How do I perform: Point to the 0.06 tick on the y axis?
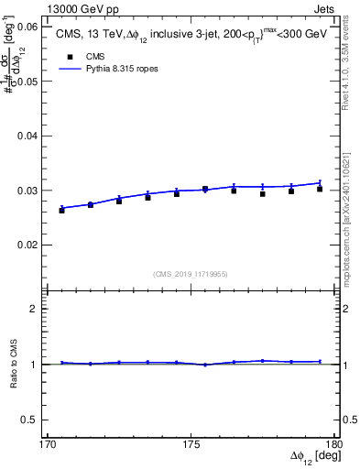(x=27, y=27)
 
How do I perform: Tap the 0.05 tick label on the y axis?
(x=27, y=82)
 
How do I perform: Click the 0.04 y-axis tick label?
(x=27, y=136)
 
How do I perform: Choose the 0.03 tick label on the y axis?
(x=27, y=191)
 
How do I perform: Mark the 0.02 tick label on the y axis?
(x=27, y=245)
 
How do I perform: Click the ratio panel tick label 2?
(x=35, y=309)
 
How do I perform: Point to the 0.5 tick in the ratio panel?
(x=30, y=419)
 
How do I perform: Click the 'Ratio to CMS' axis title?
(x=14, y=365)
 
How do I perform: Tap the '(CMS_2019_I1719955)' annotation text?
(x=191, y=273)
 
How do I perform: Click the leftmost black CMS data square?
(x=62, y=210)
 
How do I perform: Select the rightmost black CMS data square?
(x=320, y=189)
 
